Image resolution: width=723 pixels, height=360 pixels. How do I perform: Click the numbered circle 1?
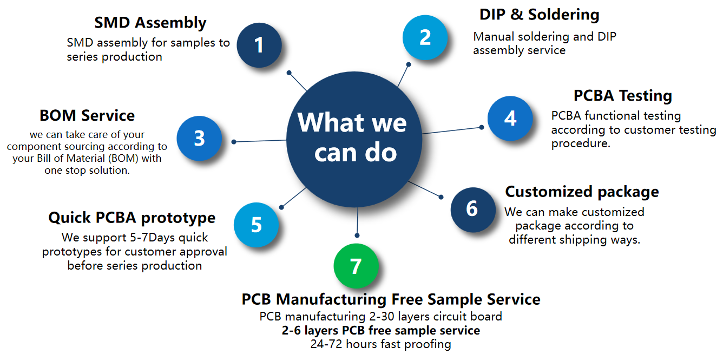pos(259,45)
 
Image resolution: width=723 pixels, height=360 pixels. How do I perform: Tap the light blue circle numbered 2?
pos(425,37)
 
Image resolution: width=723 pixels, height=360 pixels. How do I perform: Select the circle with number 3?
pos(199,139)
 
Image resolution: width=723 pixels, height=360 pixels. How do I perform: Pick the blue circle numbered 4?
pos(510,119)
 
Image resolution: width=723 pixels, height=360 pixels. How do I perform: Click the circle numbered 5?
pos(256,225)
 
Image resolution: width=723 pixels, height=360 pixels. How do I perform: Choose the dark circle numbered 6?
pos(472,209)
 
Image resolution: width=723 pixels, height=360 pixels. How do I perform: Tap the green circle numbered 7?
pos(356,266)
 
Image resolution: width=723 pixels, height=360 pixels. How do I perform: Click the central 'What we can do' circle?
pos(354,138)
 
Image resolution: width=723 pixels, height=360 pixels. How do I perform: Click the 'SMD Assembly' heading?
pos(150,23)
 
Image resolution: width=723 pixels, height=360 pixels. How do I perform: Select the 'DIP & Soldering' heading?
pos(539,15)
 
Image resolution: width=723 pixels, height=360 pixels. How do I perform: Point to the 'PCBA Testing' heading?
pos(622,96)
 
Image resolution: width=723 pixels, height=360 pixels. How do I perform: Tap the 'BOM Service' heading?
pos(87,115)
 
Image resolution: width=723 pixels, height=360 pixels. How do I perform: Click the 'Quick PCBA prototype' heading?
pos(132,218)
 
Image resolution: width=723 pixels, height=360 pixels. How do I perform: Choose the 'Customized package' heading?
pos(582,192)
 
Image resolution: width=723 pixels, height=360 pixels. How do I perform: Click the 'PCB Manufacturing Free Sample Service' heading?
pos(391,299)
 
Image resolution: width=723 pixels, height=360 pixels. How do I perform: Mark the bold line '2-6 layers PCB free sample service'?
pos(380,330)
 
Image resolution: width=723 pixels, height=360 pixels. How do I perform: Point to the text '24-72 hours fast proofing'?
pos(380,344)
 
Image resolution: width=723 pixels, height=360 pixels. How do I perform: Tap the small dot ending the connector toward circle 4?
pos(481,128)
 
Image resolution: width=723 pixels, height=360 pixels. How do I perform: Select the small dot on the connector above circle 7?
pos(357,235)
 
